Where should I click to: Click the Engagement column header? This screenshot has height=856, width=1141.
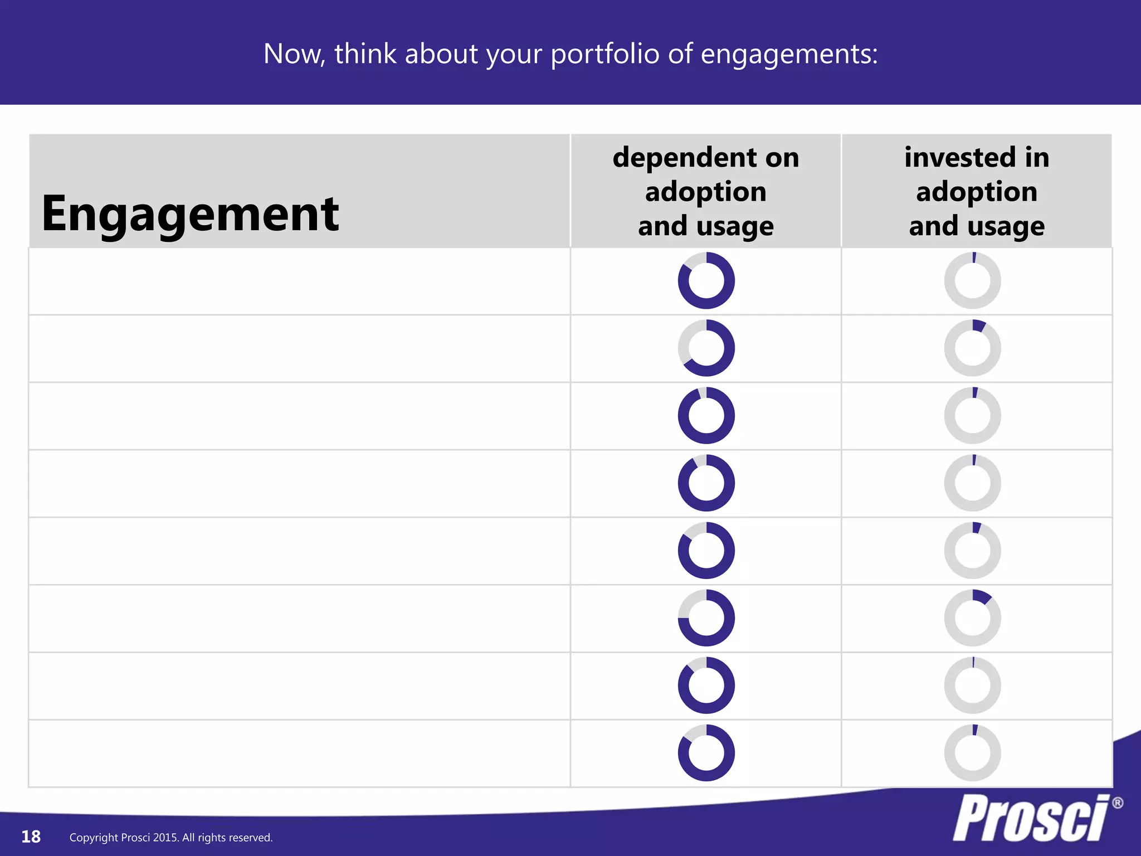click(190, 214)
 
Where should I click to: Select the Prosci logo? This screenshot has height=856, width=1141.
click(1031, 818)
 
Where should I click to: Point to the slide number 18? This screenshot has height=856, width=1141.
click(31, 836)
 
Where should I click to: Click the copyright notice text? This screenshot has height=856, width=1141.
click(171, 838)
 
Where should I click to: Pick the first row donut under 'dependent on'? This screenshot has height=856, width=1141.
click(706, 281)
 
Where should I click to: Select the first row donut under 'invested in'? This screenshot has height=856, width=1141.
click(972, 281)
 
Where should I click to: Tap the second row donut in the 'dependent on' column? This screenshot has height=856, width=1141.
click(706, 348)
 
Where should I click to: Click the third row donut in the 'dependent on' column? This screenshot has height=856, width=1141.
click(706, 416)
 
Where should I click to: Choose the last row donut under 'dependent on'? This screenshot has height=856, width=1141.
click(706, 753)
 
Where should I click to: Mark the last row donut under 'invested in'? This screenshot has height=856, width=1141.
click(972, 753)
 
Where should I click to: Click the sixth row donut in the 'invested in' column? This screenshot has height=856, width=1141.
click(972, 618)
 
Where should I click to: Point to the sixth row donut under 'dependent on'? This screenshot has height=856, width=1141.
click(706, 618)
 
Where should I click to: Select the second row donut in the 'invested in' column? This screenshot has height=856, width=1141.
click(972, 348)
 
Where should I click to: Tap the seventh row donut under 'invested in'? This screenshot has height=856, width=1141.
click(972, 685)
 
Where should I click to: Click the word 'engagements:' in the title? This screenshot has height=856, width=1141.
click(789, 54)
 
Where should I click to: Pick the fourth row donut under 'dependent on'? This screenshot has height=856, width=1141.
click(706, 483)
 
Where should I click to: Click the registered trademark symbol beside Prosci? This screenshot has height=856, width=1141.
click(1117, 803)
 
